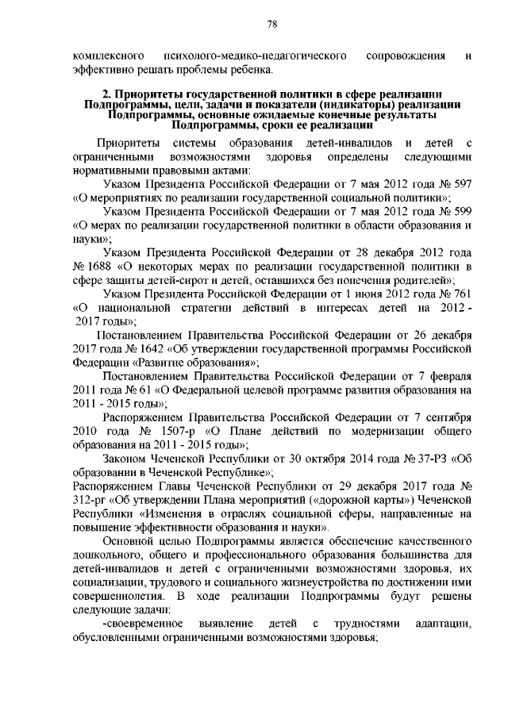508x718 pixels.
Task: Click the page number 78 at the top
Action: tap(271, 25)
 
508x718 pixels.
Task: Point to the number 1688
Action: tap(98, 265)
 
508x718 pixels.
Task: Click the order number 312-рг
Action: tap(89, 499)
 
